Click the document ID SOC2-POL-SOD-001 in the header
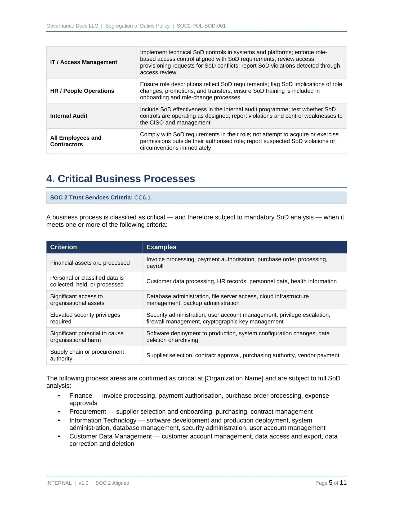point(201,26)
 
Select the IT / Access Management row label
point(83,62)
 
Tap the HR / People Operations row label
point(82,91)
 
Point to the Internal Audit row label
point(69,116)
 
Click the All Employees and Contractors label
point(76,141)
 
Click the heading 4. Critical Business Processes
point(120,179)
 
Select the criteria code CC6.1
point(142,198)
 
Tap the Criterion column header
point(63,247)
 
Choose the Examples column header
point(161,247)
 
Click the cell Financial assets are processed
point(90,263)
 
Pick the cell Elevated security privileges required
point(85,318)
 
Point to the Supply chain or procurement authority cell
point(87,355)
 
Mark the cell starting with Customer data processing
point(241,281)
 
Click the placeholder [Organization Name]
point(234,378)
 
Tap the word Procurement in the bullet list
point(88,412)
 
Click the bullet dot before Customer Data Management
point(59,437)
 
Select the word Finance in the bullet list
point(81,396)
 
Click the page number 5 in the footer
point(331,483)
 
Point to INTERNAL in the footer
point(59,483)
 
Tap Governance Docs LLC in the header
point(72,26)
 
